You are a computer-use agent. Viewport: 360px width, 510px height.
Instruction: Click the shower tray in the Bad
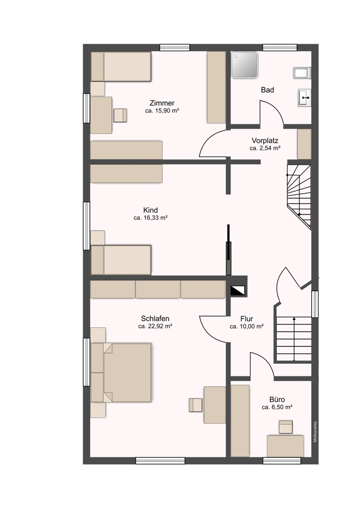[244, 65]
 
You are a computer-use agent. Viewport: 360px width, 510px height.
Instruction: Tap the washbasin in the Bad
[304, 96]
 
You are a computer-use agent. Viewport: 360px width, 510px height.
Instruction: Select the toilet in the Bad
[302, 72]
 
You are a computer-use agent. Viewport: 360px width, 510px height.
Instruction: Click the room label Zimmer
[162, 103]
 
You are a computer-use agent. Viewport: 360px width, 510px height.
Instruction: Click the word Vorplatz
[265, 140]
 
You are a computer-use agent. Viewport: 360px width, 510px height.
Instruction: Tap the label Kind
[150, 210]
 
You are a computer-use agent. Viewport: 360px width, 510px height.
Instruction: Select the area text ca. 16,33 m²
[150, 218]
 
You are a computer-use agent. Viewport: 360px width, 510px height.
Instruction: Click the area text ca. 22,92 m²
[155, 326]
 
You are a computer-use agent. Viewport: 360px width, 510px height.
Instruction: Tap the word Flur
[246, 319]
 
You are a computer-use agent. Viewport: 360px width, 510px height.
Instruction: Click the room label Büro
[277, 400]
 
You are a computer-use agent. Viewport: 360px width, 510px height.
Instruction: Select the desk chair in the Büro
[286, 427]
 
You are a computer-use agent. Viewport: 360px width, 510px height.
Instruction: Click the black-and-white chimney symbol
[238, 291]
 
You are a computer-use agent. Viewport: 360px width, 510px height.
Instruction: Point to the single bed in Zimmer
[121, 66]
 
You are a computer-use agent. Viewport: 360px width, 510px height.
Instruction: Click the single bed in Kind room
[121, 260]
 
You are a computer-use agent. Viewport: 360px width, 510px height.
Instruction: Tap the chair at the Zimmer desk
[121, 115]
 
